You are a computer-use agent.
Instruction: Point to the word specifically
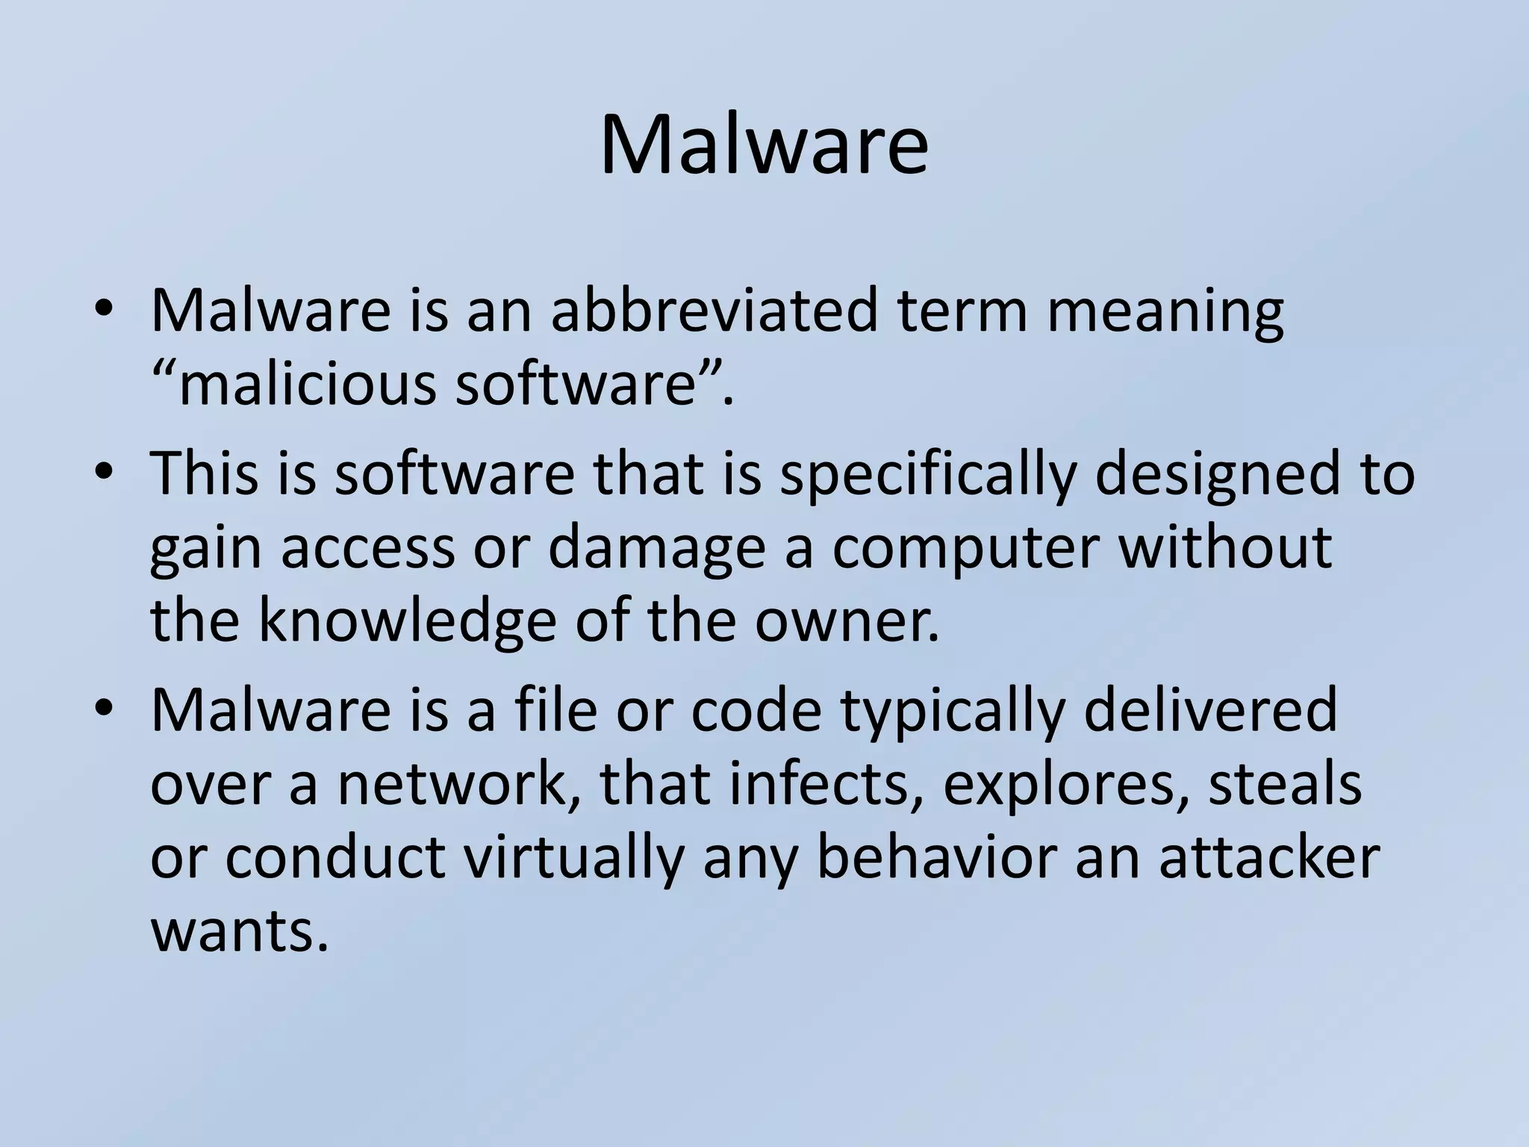coord(929,475)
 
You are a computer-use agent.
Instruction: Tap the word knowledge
coord(408,621)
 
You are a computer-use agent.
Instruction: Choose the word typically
coord(952,712)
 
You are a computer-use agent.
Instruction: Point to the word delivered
coord(1209,711)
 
